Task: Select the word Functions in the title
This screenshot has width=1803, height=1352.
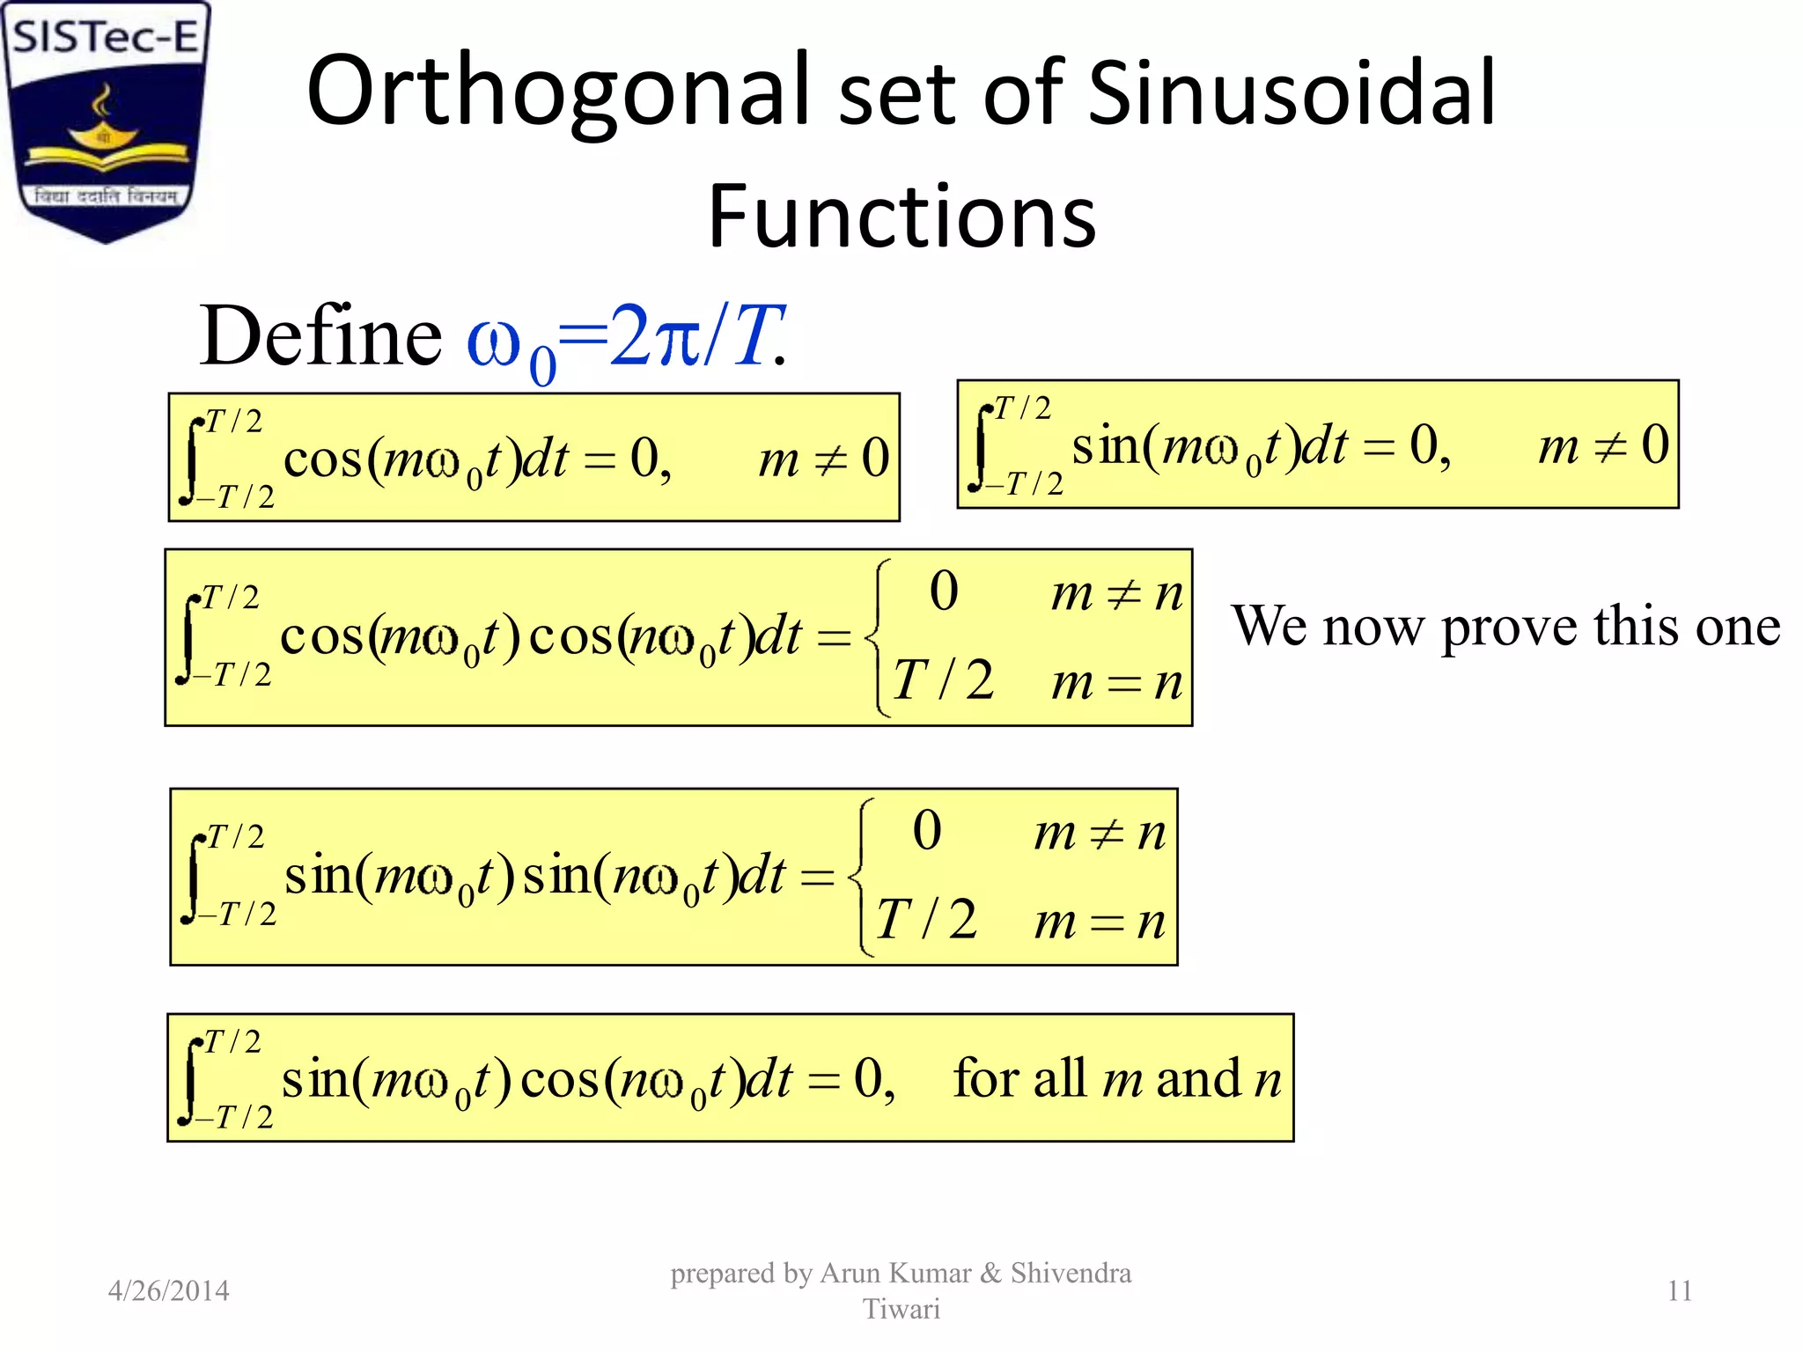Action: [901, 217]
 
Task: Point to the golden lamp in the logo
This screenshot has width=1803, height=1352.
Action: [104, 132]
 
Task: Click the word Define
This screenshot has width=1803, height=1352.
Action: [320, 336]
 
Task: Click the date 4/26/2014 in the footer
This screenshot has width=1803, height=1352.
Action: [168, 1290]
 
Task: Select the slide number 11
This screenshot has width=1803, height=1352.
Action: [1680, 1290]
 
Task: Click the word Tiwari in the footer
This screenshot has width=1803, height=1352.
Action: [901, 1309]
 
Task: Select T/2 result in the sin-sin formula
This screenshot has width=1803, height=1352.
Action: [926, 920]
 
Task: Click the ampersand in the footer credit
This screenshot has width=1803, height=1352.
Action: [990, 1273]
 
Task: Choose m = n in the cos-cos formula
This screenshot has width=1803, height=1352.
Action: [1116, 683]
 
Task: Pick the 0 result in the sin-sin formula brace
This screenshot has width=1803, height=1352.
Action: [926, 830]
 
